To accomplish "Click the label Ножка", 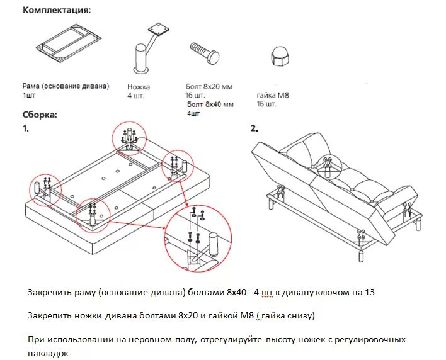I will (139, 86).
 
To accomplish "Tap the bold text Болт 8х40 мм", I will (210, 104).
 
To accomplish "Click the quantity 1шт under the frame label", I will (29, 94).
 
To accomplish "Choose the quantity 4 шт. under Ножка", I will (137, 96).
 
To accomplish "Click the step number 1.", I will (26, 128).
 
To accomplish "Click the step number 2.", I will (254, 128).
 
